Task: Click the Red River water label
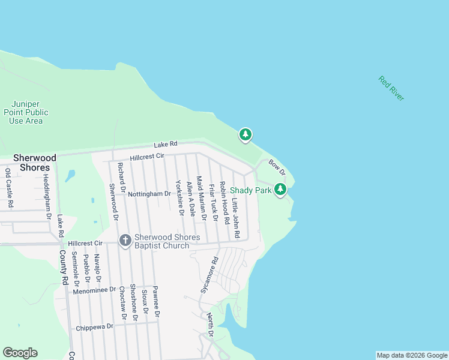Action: (391, 88)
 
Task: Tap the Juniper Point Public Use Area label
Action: (26, 112)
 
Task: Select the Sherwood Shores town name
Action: (35, 163)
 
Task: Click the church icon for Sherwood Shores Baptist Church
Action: (125, 241)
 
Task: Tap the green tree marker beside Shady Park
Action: (280, 190)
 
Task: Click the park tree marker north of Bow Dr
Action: (245, 135)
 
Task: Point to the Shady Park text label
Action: (251, 190)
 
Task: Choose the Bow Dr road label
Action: (277, 167)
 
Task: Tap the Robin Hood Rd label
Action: (224, 202)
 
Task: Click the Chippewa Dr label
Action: (95, 327)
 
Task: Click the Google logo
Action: (20, 353)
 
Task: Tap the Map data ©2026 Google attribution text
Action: (412, 355)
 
